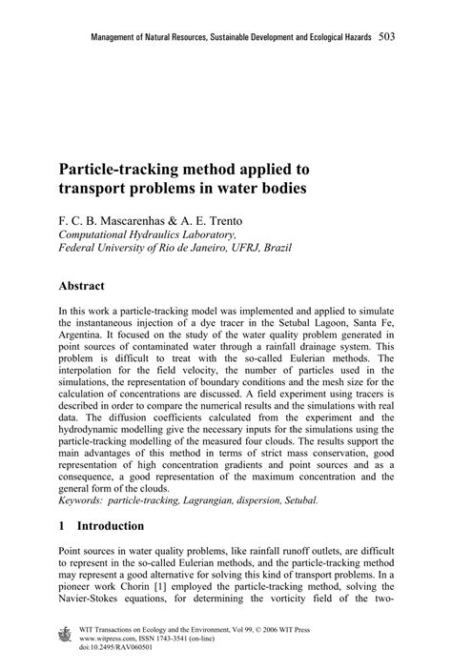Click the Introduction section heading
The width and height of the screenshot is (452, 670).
(x=111, y=525)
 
